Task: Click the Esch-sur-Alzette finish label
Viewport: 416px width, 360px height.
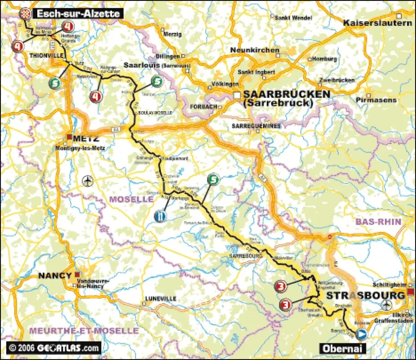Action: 77,13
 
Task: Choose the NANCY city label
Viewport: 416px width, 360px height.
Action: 54,275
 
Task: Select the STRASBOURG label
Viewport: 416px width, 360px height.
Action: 365,296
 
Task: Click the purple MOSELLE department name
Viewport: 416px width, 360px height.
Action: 132,199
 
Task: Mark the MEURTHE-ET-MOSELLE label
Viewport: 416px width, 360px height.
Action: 84,330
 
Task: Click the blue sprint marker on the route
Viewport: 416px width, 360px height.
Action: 159,216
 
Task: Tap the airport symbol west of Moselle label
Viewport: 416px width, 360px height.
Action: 87,181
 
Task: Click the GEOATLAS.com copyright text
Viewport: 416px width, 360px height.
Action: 54,347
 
